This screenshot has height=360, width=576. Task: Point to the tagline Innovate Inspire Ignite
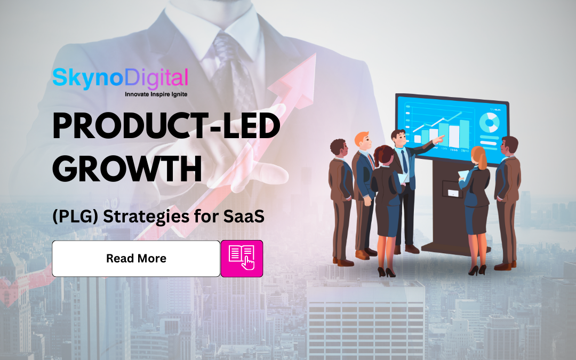[x=156, y=94]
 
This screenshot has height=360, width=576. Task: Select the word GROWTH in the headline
[x=127, y=169]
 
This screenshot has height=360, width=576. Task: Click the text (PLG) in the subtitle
[x=71, y=218]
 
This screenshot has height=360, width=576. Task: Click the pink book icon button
[x=242, y=259]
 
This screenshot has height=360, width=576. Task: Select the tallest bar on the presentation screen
[x=464, y=133]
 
